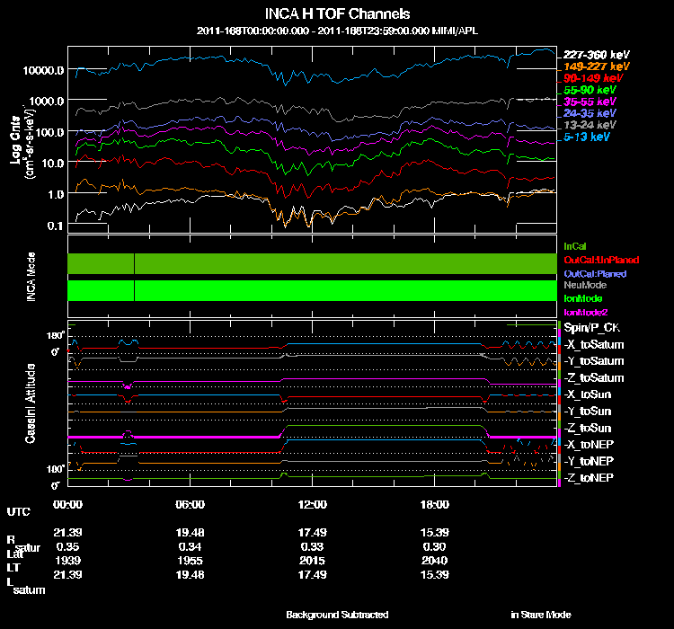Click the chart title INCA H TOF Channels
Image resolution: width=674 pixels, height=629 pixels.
[x=337, y=14]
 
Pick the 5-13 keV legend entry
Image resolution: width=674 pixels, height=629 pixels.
[x=590, y=137]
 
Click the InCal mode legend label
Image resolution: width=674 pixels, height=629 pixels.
[x=576, y=245]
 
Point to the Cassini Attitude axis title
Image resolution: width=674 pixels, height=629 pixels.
[x=31, y=403]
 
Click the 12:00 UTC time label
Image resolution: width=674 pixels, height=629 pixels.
[x=313, y=503]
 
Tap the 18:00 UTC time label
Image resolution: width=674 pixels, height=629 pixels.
[x=435, y=503]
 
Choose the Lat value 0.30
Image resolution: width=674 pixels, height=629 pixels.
[x=435, y=546]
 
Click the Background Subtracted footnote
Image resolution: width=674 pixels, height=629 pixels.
[x=337, y=615]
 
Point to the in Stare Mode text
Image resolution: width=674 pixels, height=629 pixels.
[x=541, y=615]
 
